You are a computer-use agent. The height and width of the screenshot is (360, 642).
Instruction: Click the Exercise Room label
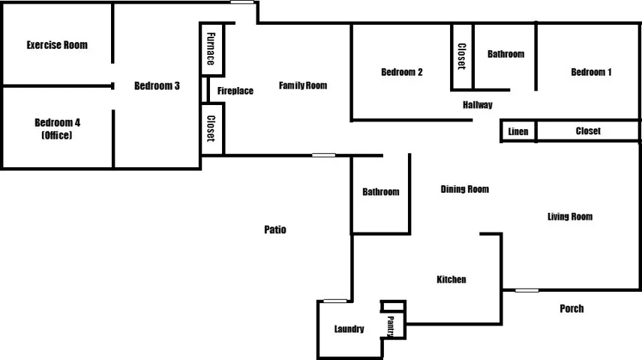click(x=57, y=45)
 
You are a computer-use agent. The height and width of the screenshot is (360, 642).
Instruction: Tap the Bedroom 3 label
click(x=157, y=85)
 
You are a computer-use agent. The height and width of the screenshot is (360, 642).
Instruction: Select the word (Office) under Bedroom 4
click(x=57, y=135)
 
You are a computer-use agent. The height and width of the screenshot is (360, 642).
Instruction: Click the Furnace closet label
click(x=211, y=49)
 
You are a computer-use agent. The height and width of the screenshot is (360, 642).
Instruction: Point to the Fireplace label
click(x=235, y=91)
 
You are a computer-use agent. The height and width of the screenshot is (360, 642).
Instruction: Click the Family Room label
click(x=303, y=85)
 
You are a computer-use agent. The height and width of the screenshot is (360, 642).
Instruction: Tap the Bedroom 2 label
click(x=402, y=72)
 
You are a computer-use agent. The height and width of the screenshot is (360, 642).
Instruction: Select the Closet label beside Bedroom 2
click(x=461, y=56)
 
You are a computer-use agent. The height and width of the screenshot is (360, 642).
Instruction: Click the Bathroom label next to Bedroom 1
click(x=505, y=54)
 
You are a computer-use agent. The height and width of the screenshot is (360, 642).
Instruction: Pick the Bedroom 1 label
click(x=591, y=72)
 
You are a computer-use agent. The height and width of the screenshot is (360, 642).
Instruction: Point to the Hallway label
click(x=478, y=105)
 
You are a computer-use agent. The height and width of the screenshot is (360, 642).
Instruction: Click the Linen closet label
click(x=518, y=131)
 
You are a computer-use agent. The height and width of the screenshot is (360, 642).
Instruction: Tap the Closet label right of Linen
click(x=588, y=131)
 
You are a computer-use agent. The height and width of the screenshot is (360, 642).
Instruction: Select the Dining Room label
click(x=465, y=189)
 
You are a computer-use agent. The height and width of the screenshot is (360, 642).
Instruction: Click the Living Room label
click(x=570, y=217)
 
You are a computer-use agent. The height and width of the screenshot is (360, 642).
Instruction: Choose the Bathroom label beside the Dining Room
click(x=381, y=192)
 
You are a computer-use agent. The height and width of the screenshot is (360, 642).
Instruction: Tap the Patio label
click(x=275, y=229)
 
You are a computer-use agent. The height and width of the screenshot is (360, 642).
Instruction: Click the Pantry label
click(x=390, y=326)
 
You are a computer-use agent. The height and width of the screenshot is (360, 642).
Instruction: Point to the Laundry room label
click(x=349, y=328)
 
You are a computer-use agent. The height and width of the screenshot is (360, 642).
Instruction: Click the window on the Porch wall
click(x=527, y=290)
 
